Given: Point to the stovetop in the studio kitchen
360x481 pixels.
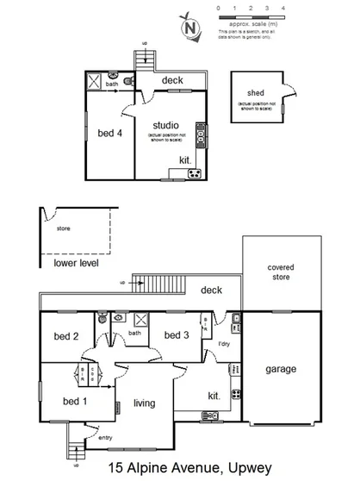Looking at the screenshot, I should pos(195,174).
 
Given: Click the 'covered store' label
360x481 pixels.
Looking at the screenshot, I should pos(280,272).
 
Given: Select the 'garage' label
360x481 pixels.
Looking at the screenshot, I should pos(280,369).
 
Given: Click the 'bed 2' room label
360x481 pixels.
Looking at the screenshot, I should pos(66,336).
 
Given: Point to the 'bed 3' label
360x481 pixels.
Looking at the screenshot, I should pos(176,335).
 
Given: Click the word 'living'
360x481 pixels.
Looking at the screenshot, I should pos(145,402).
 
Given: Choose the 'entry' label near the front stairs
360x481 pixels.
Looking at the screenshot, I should pos(105,438).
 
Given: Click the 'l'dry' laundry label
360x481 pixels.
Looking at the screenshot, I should pos(223,344).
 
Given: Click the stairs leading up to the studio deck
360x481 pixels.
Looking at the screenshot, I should pos(144,61).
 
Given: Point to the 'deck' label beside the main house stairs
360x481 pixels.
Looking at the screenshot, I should pos(212,290).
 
